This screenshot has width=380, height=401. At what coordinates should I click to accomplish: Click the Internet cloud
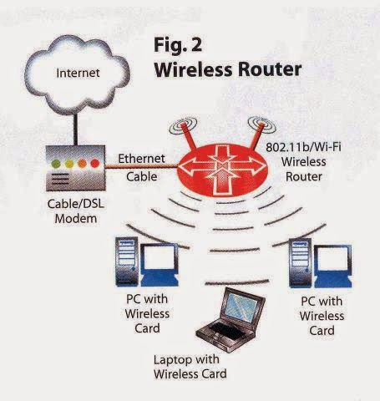point(77,74)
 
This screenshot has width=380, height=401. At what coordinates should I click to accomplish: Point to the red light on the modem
point(94,163)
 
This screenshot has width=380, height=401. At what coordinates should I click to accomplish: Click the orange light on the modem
point(81,163)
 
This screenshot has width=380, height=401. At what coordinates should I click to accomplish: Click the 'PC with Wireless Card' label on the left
point(146,313)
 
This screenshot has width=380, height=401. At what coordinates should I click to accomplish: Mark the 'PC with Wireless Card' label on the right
point(322,317)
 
